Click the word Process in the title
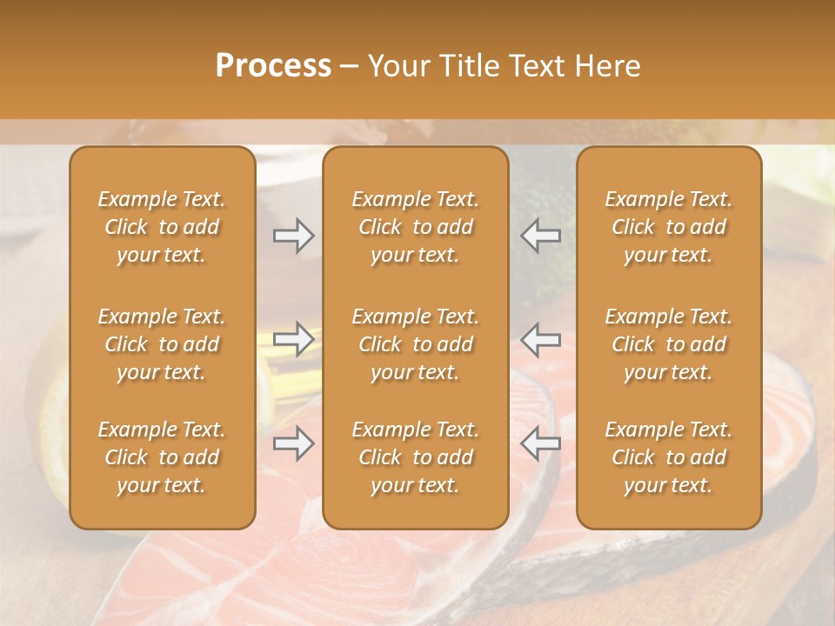coord(273,66)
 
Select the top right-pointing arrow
coord(293,236)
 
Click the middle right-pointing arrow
coord(293,339)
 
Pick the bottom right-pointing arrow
coord(293,443)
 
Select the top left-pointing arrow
coord(540,236)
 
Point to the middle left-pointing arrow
coord(540,339)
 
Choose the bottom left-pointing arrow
coord(540,443)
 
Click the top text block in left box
coord(162,227)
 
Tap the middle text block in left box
coord(162,344)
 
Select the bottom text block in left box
coord(162,457)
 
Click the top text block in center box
coord(416,227)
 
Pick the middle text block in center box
coord(416,344)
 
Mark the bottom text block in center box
coord(416,457)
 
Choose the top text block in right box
coord(669,227)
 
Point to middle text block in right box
coord(669,344)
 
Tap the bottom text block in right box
coord(669,457)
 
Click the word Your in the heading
coord(398,66)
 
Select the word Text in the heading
coord(533,66)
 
